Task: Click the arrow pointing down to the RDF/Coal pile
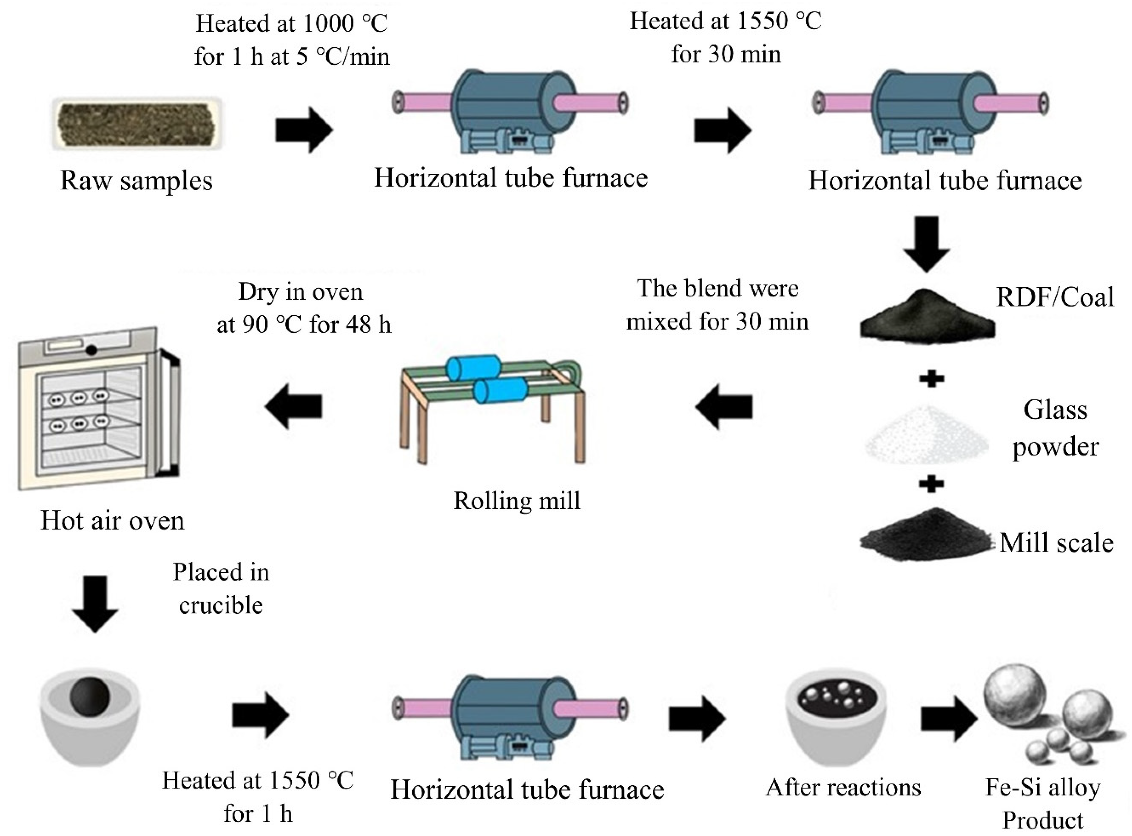(928, 243)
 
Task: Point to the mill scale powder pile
(926, 536)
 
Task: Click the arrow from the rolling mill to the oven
(294, 406)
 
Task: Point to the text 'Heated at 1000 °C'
(292, 24)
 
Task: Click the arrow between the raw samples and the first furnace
(304, 130)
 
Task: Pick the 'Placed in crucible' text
(221, 588)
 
